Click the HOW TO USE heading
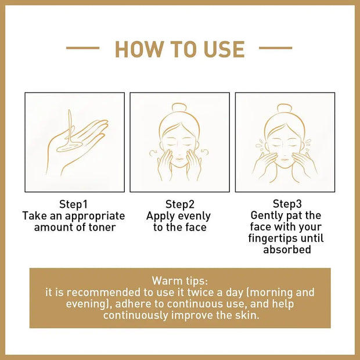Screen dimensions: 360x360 pyautogui.click(x=179, y=49)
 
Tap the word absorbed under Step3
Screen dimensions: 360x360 pyautogui.click(x=287, y=250)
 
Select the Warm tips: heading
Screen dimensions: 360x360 pyautogui.click(x=179, y=280)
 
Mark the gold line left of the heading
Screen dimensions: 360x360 pyautogui.click(x=82, y=48)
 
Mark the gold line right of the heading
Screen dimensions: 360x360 pyautogui.click(x=275, y=48)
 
